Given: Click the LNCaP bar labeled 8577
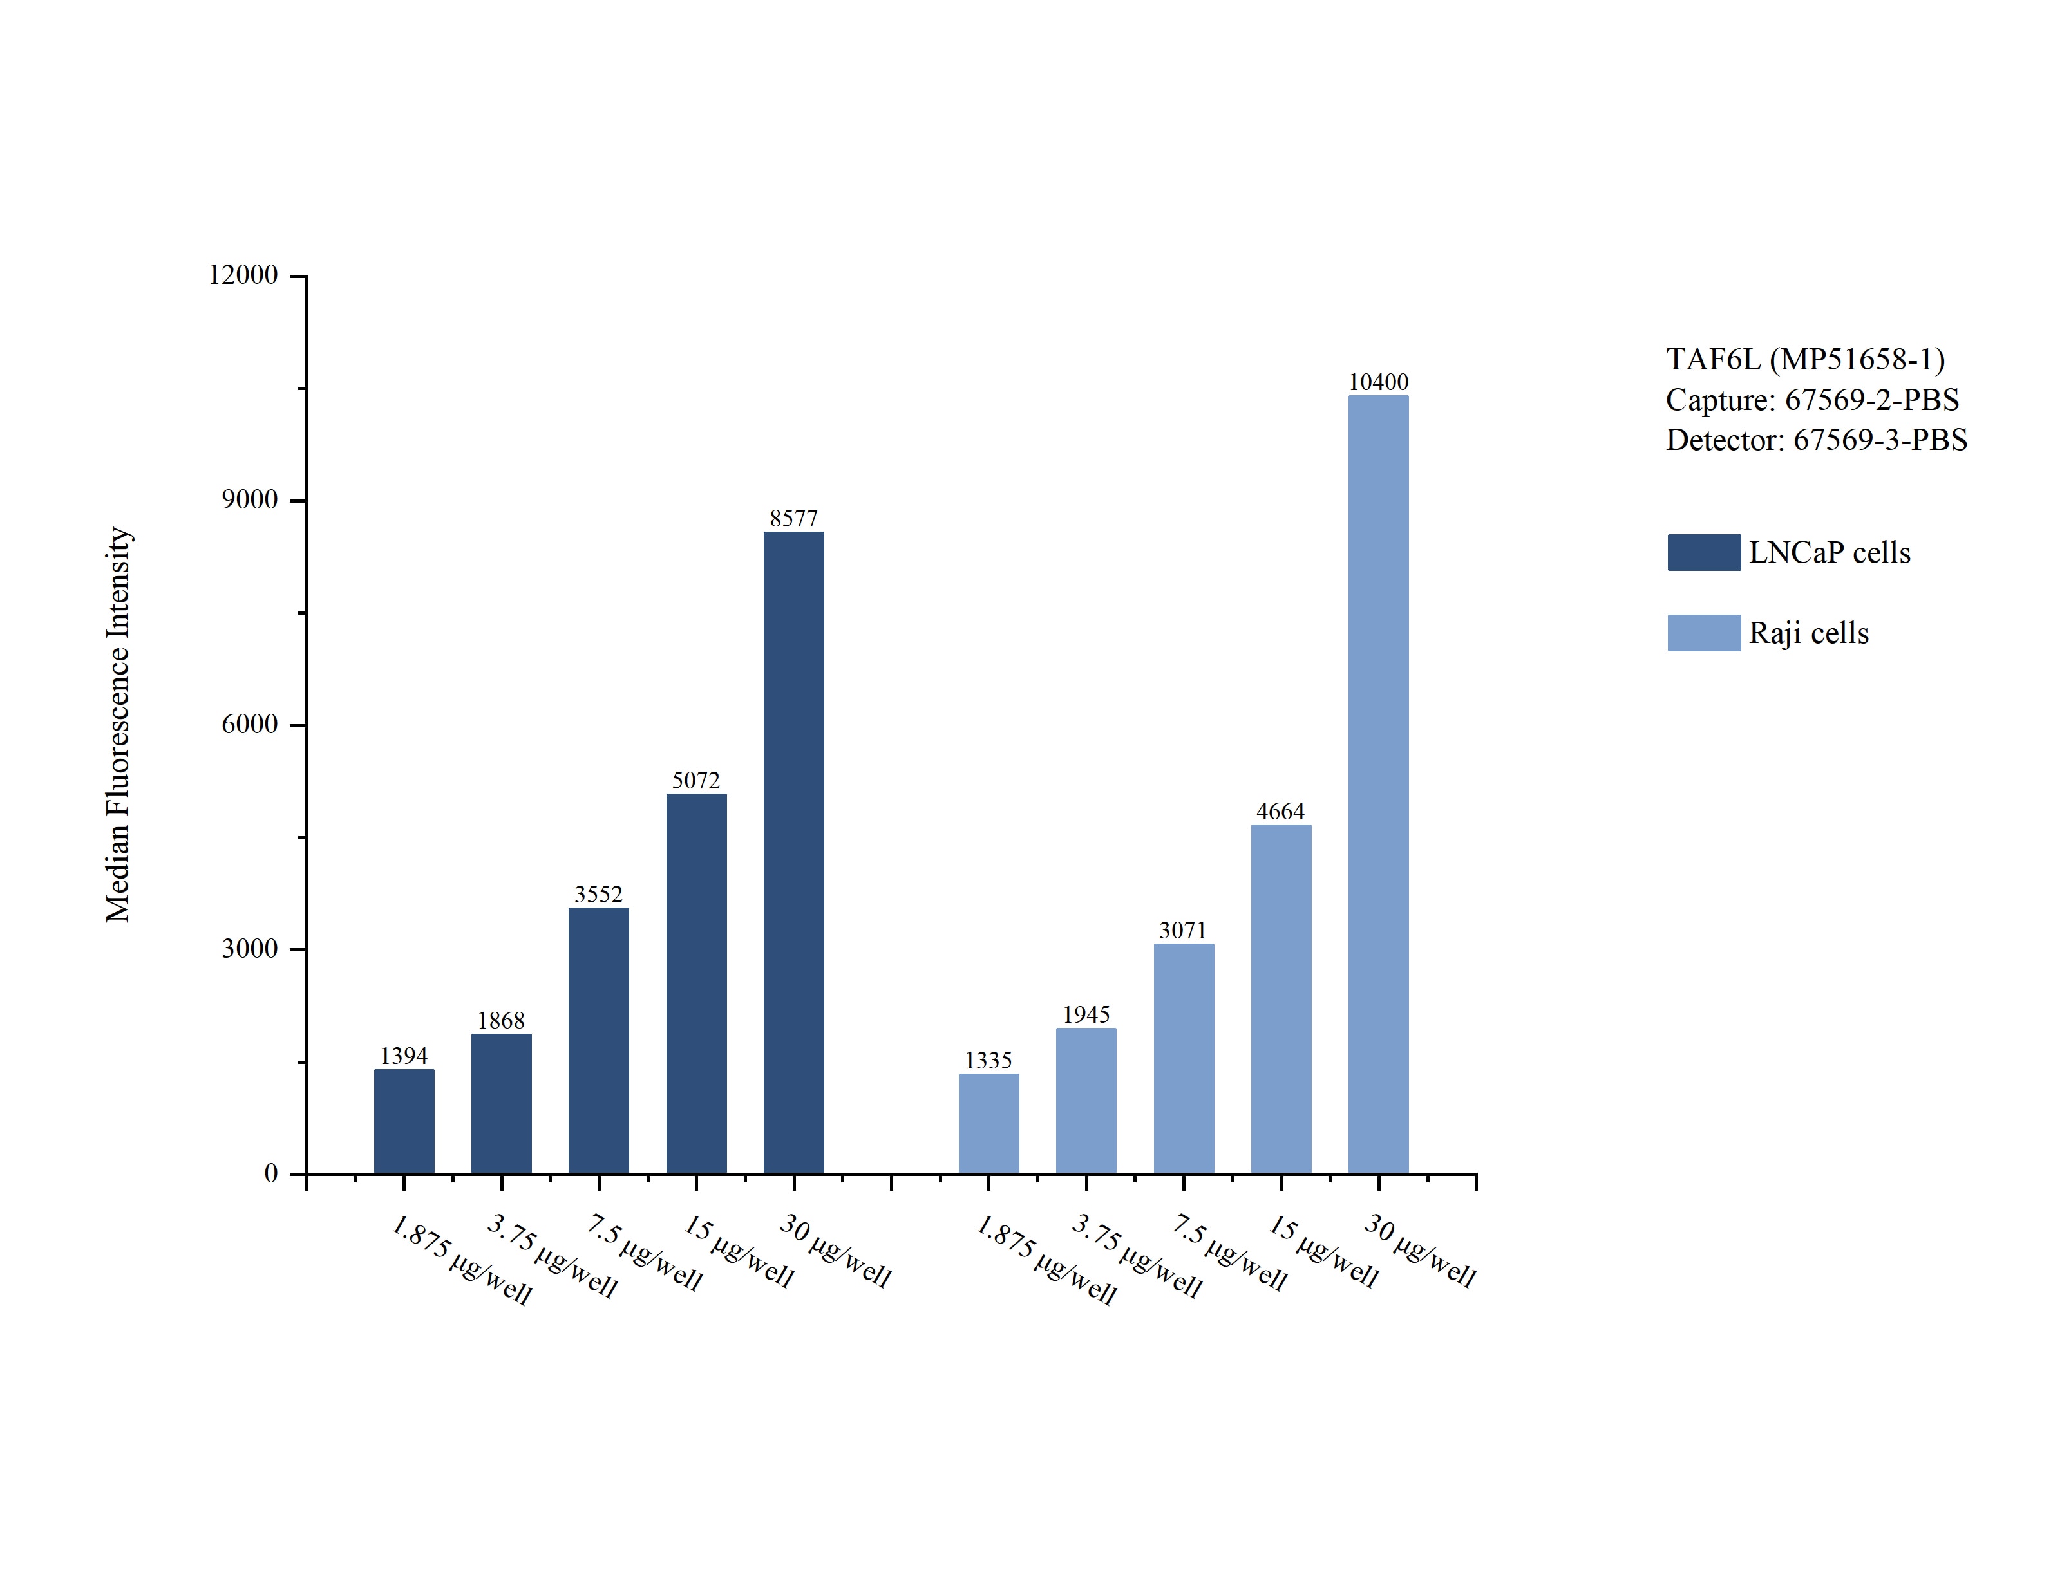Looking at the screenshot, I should (793, 853).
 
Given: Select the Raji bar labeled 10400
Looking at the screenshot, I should (1378, 785).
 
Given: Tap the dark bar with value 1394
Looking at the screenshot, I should (404, 1121).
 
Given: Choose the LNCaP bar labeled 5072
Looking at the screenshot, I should (696, 983).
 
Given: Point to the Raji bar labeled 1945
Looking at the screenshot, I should (1086, 1101).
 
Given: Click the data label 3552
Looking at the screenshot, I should (598, 894).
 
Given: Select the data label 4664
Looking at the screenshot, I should (1280, 811).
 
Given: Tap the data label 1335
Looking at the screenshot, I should (987, 1060).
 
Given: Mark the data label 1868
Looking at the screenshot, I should (501, 1020).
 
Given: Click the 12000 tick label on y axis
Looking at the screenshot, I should (243, 275).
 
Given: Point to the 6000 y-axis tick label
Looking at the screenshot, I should (250, 724).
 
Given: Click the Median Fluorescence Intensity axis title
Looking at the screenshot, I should (118, 724).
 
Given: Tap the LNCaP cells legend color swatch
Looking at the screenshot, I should (1703, 552).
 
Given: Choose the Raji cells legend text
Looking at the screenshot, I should (1808, 633).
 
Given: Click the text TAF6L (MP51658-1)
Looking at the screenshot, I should (1805, 359).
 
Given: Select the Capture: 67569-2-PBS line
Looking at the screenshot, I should (1811, 400).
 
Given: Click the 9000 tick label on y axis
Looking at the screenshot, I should (250, 499).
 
